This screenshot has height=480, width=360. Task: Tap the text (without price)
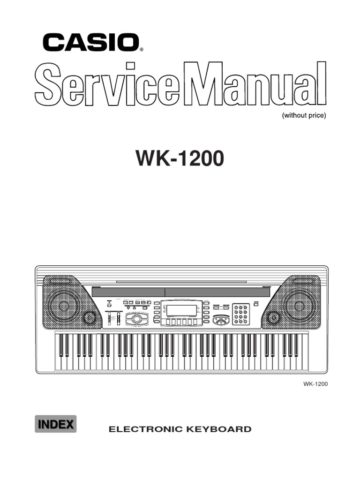click(303, 116)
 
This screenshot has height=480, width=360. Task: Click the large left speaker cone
click(64, 306)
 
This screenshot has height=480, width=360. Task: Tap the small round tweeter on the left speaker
click(89, 318)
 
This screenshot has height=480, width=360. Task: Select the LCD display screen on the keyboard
click(181, 310)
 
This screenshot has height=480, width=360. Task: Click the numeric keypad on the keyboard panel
click(241, 314)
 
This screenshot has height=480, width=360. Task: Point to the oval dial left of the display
click(136, 319)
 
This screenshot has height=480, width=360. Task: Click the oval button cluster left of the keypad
click(221, 320)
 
